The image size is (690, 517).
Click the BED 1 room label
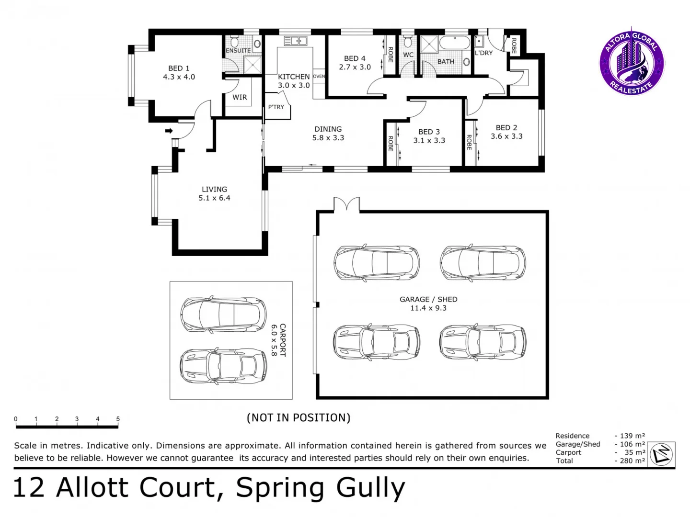pyautogui.click(x=179, y=68)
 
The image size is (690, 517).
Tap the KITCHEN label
pyautogui.click(x=294, y=77)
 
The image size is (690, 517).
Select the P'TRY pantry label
pyautogui.click(x=276, y=107)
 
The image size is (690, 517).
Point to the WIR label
pyautogui.click(x=240, y=97)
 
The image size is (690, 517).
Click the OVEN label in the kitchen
pyautogui.click(x=319, y=77)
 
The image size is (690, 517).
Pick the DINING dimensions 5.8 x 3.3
pyautogui.click(x=328, y=138)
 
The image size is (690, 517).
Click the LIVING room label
pyautogui.click(x=214, y=190)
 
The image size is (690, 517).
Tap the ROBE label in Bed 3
pyautogui.click(x=391, y=144)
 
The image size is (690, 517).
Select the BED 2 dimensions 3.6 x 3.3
pyautogui.click(x=506, y=136)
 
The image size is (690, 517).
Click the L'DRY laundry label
pyautogui.click(x=483, y=53)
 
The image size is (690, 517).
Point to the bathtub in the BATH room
pyautogui.click(x=455, y=43)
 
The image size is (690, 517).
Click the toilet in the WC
pyautogui.click(x=408, y=41)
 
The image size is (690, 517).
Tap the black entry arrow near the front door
pyautogui.click(x=169, y=131)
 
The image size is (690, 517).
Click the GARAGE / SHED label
pyautogui.click(x=428, y=300)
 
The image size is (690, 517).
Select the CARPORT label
pyautogui.click(x=283, y=340)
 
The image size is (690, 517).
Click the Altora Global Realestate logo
pyautogui.click(x=632, y=62)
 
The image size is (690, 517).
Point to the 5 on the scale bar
pyautogui.click(x=118, y=419)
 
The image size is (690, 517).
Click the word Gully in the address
pyautogui.click(x=370, y=488)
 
